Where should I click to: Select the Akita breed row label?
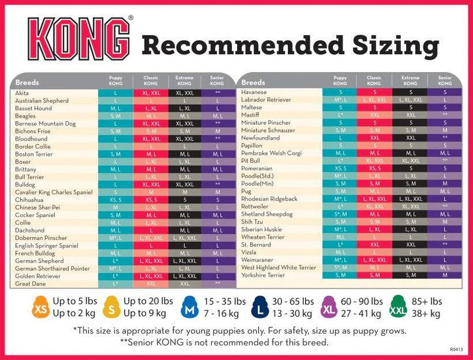(23, 93)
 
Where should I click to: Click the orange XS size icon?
(40, 308)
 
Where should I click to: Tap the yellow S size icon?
(110, 308)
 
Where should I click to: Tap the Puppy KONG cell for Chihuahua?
(116, 200)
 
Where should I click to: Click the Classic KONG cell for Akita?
(151, 93)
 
